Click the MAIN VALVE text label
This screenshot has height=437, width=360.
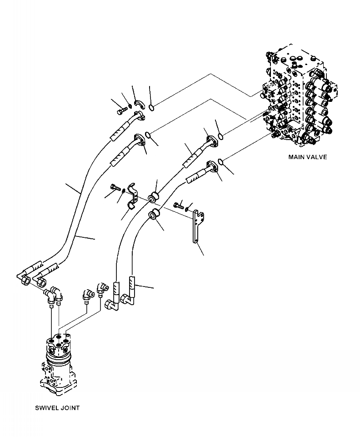point(308,157)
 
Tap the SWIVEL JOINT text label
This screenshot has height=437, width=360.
point(57,408)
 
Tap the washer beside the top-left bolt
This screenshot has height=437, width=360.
point(129,107)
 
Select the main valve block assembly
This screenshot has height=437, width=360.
point(298,100)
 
